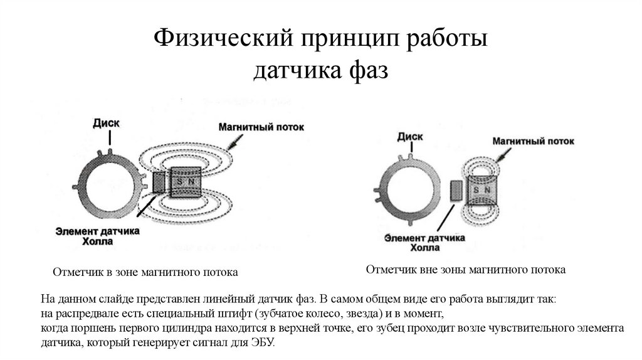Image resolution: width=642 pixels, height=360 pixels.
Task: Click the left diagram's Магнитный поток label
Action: [x=261, y=127]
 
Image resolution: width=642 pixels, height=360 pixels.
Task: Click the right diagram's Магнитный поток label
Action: [x=533, y=141]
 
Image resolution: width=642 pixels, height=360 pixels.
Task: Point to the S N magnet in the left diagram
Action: [x=185, y=182]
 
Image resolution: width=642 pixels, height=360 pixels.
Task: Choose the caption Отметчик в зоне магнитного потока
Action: [x=145, y=273]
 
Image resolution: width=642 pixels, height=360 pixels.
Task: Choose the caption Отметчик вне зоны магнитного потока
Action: [x=465, y=270]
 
